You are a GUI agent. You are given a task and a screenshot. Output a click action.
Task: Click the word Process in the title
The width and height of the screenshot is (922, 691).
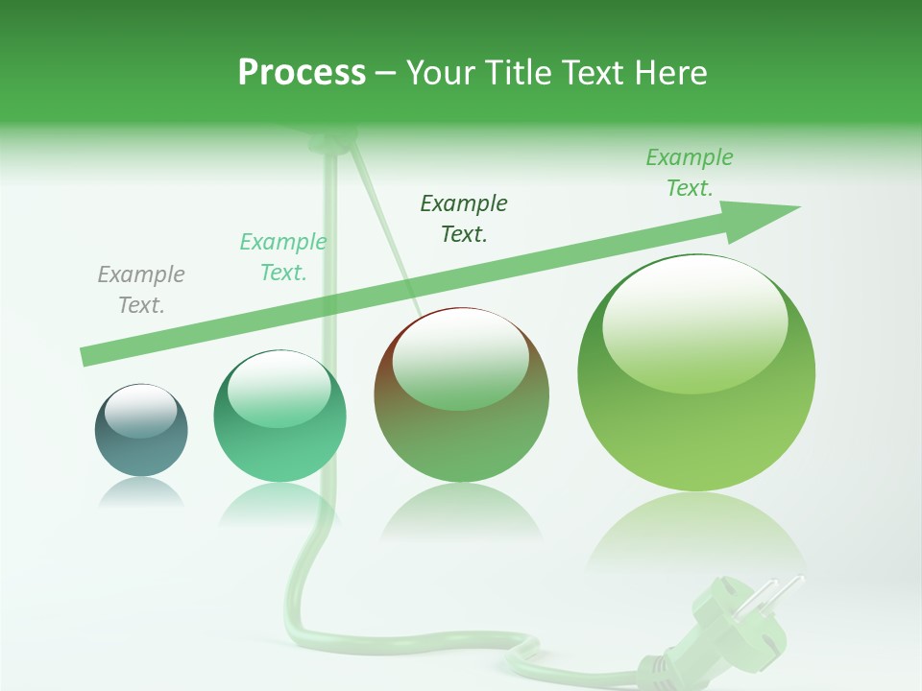click(302, 73)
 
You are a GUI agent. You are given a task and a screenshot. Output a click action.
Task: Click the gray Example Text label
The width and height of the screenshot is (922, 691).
click(141, 290)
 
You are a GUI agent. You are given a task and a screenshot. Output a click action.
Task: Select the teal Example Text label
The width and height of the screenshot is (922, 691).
click(283, 257)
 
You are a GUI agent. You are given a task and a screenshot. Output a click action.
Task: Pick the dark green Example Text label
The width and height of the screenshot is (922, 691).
click(464, 219)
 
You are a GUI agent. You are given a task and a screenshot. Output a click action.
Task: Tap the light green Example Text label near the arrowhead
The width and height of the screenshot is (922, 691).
click(690, 173)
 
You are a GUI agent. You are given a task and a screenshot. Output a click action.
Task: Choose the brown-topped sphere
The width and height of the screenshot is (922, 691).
click(461, 395)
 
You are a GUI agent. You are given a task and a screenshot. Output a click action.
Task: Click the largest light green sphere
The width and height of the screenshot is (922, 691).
click(696, 374)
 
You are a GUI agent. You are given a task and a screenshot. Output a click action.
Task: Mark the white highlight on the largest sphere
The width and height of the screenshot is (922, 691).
click(694, 324)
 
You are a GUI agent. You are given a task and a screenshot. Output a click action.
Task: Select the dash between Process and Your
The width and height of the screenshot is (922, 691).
click(386, 73)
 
